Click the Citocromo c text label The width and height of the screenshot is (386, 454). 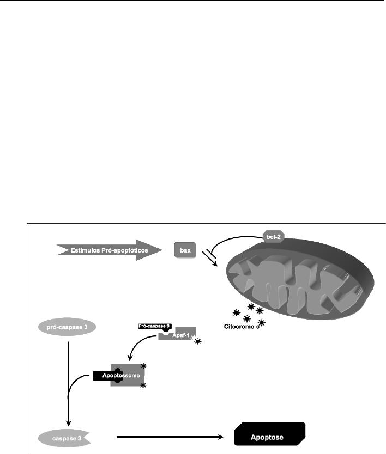pos(244,327)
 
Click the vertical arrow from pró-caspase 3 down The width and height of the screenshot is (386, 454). pos(68,381)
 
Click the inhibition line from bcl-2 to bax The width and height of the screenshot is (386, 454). pos(229,241)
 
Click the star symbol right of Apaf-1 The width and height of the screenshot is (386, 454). pos(198,341)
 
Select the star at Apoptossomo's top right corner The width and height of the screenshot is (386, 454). pos(144,365)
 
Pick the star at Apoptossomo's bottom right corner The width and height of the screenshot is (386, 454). pos(144,385)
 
